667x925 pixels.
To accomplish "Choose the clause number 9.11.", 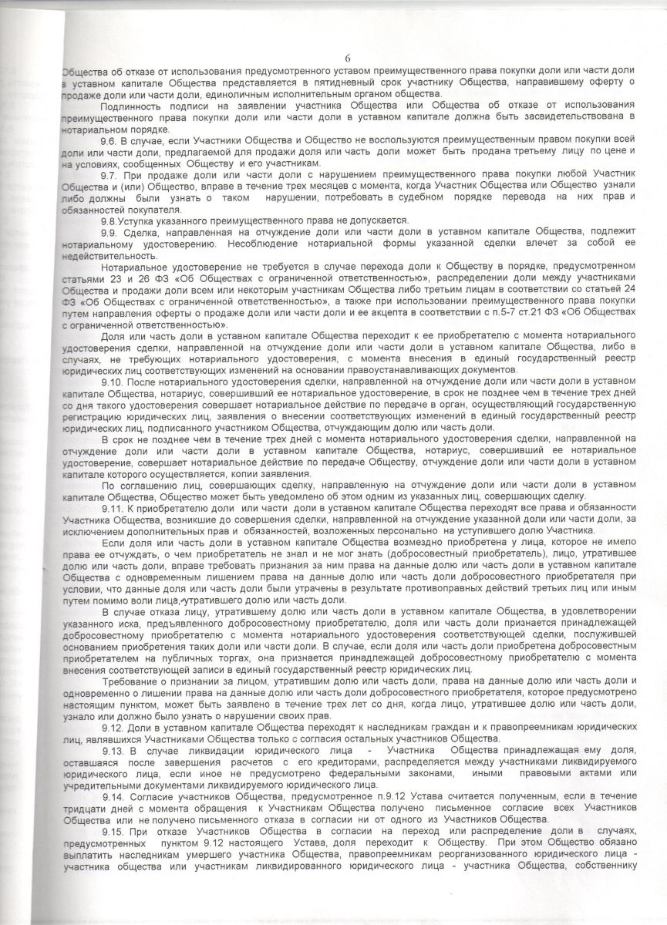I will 113,509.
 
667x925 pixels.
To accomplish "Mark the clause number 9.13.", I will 113,749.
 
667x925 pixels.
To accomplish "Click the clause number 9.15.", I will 113,829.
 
